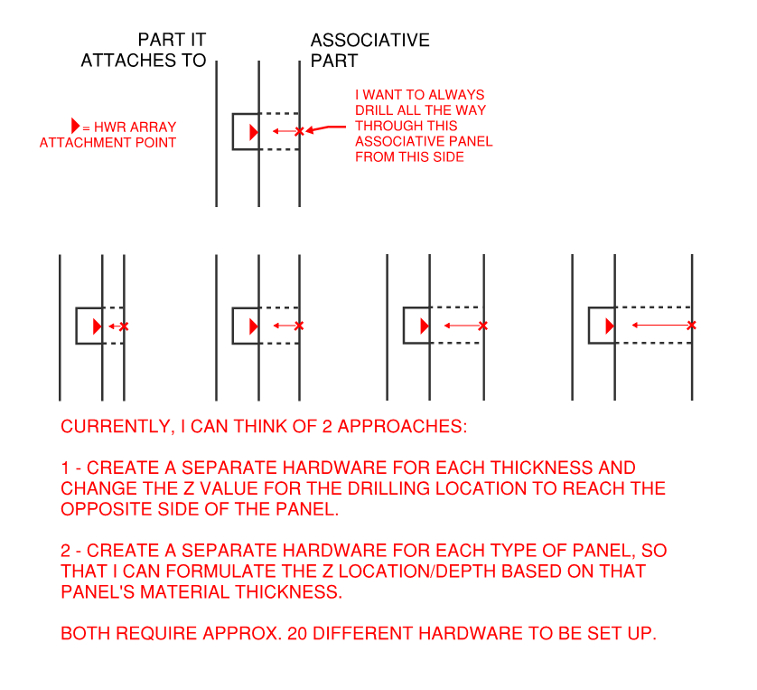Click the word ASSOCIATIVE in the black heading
(369, 41)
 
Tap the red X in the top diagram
(300, 131)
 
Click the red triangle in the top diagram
(254, 132)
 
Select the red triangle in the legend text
(75, 127)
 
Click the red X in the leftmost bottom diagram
(124, 326)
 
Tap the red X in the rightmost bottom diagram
(691, 325)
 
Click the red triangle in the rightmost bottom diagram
(610, 325)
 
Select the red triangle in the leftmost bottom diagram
(98, 326)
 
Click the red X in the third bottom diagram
(483, 326)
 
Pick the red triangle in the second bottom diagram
(254, 326)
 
